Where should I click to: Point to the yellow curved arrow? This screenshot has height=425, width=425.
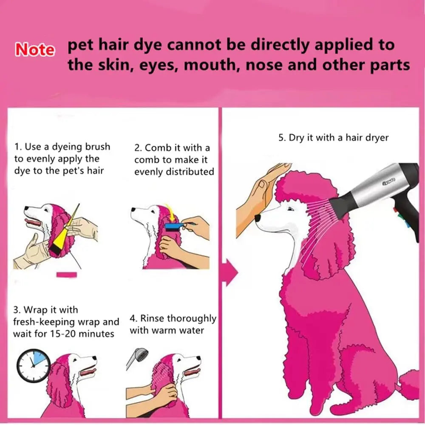[172, 210]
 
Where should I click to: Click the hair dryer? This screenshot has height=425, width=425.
[378, 191]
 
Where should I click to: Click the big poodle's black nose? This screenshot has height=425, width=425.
[258, 218]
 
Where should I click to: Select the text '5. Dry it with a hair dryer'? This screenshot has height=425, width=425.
[333, 138]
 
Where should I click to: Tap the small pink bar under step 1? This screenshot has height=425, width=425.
[67, 275]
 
